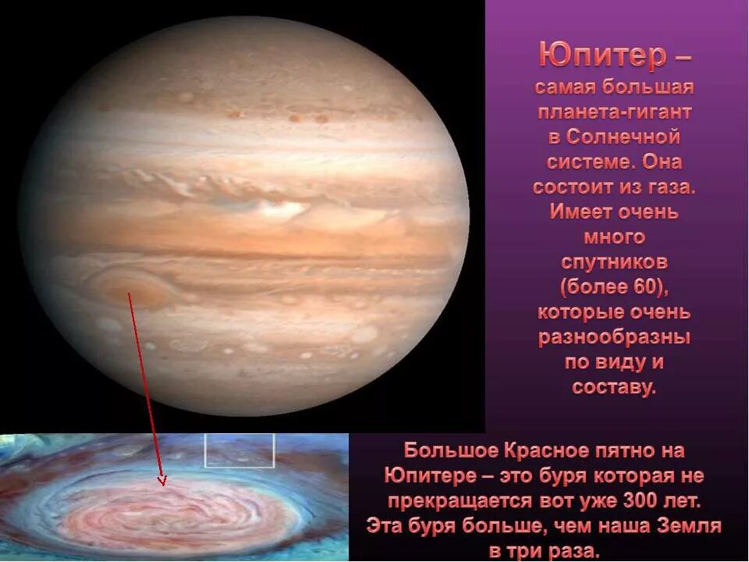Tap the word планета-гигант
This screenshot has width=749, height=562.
coord(615,112)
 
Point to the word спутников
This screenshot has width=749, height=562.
coord(613,261)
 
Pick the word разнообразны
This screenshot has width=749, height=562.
coord(614,337)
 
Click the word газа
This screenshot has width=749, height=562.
coord(669,187)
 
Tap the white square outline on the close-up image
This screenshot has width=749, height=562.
coord(240,450)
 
